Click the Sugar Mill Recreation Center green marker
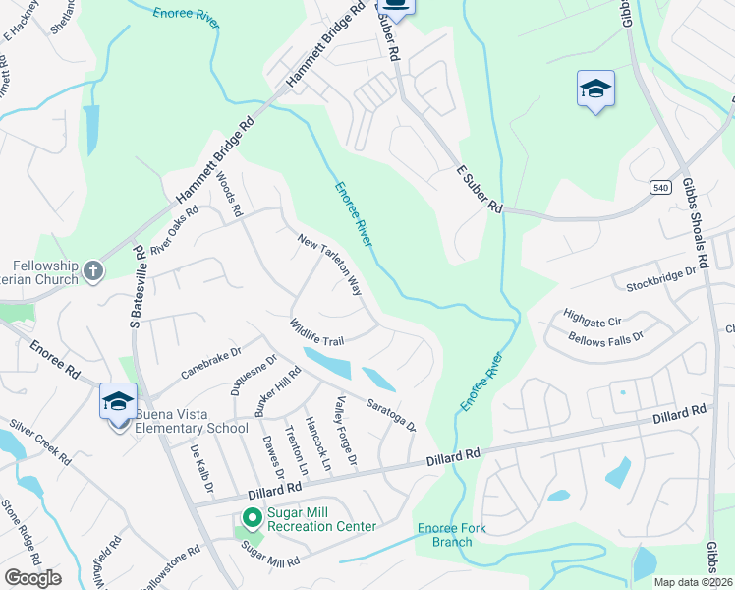tap(252, 517)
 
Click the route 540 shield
tap(659, 186)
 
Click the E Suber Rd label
tap(480, 190)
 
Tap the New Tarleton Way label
tap(330, 263)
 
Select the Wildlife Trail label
tap(315, 331)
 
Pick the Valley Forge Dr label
tap(346, 430)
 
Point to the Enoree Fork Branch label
tap(452, 535)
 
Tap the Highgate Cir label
tap(593, 318)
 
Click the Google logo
tap(32, 577)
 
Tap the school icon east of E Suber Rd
tap(595, 90)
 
